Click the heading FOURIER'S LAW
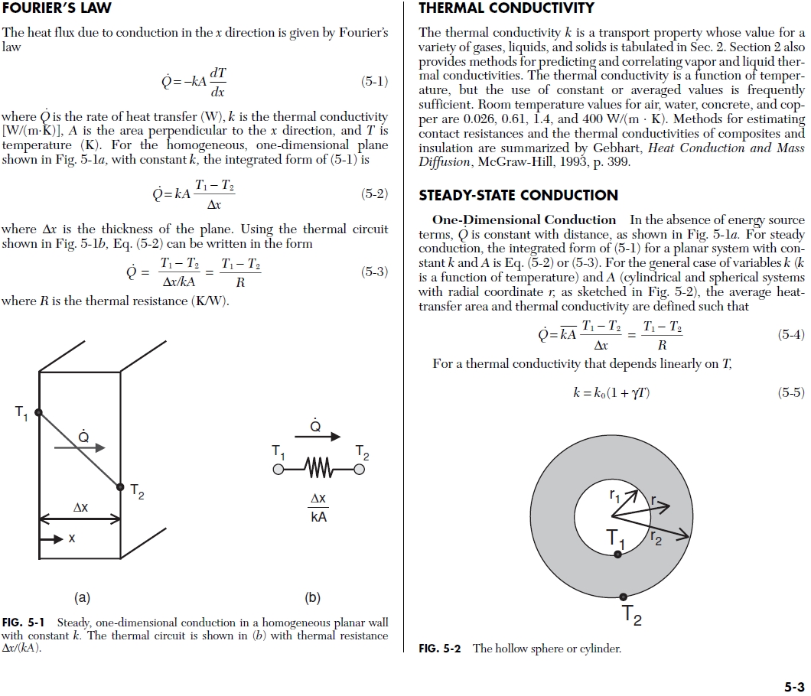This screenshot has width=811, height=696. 57,9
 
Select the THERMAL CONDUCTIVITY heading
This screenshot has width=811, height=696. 506,8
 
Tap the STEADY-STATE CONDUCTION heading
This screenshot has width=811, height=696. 518,195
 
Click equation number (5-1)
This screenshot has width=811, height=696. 374,81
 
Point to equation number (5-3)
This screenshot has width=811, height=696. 374,272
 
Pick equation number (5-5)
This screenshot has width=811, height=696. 790,392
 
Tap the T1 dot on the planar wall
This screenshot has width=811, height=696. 39,411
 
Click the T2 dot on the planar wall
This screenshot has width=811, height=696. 120,486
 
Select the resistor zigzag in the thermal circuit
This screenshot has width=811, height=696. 318,467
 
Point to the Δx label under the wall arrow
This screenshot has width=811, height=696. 80,507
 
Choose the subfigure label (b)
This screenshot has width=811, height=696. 312,597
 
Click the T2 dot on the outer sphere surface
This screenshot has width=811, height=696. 624,597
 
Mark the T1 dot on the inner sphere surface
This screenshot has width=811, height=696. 617,554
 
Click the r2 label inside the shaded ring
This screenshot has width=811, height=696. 656,538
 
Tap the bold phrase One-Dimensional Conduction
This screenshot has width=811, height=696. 524,220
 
